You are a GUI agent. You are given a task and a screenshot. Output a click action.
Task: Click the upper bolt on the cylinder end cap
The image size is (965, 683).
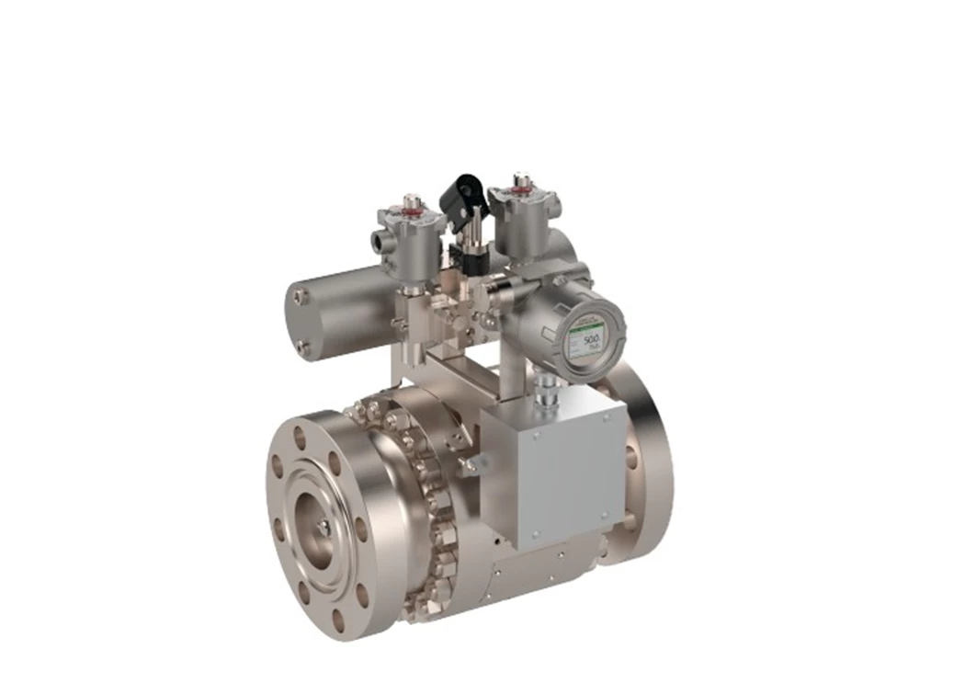(301, 296)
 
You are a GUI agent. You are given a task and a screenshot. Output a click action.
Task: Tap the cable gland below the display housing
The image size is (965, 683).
(551, 395)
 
